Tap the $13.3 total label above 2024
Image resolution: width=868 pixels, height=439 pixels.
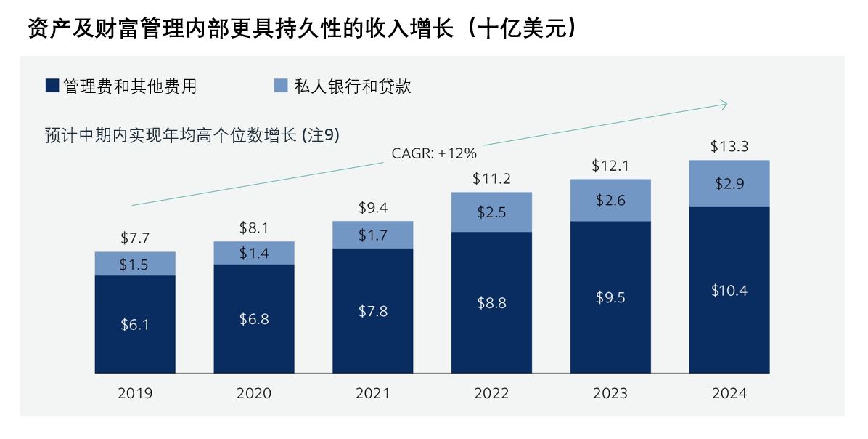coord(729,147)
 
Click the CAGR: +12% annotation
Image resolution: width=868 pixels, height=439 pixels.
coord(434,153)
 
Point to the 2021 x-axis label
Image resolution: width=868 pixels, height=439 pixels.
coord(373,394)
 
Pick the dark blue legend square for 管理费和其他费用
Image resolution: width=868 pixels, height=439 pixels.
coord(52,86)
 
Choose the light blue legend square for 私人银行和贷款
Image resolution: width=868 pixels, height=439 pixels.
coord(281,86)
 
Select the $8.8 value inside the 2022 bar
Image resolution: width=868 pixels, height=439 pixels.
coord(491,304)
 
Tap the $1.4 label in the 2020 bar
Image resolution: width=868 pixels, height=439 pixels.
coord(254,253)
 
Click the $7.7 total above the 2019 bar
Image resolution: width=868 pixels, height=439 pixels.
coord(135,238)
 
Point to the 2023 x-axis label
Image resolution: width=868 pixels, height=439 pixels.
coord(610,394)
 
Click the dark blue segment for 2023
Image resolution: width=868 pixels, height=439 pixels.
coord(610,334)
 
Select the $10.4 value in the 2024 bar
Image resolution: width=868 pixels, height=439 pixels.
coord(729,291)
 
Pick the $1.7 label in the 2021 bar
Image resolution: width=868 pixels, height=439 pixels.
coord(373,235)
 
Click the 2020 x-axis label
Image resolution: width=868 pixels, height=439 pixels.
coord(254,394)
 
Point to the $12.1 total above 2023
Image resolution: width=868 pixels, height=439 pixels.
coord(610,166)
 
